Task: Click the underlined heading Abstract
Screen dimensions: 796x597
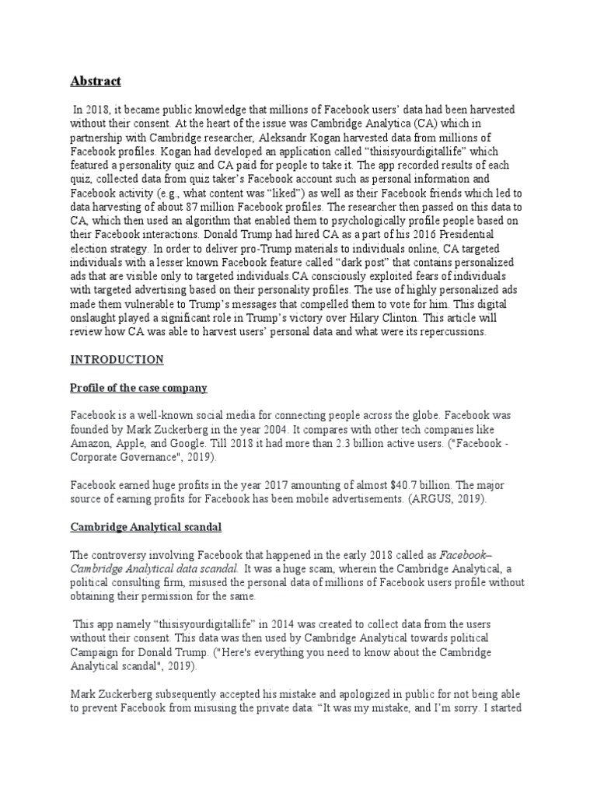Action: point(96,82)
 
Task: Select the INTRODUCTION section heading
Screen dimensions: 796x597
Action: point(117,360)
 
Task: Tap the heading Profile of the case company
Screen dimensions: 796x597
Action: point(139,388)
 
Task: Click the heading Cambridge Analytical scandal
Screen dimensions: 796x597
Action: point(146,527)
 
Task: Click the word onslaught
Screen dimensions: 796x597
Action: point(96,319)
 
